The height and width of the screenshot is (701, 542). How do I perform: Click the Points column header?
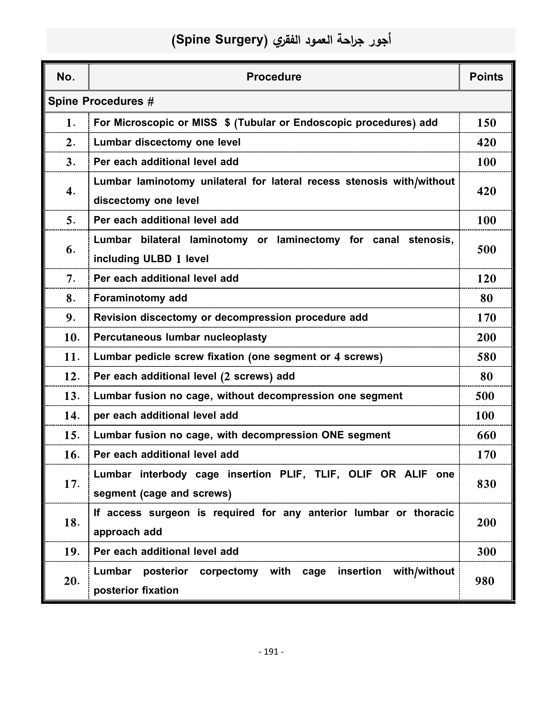tap(486, 77)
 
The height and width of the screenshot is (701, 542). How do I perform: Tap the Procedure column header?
tap(274, 77)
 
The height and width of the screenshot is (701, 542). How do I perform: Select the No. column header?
tap(66, 77)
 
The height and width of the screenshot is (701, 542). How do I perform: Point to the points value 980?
tap(485, 581)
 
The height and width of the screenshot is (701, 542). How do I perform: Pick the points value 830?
tap(486, 484)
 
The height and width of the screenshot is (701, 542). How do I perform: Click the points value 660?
tap(486, 435)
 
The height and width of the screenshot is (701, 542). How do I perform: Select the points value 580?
tap(486, 357)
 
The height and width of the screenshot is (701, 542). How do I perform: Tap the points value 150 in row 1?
tap(486, 123)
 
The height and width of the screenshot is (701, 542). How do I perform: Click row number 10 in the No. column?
tap(72, 337)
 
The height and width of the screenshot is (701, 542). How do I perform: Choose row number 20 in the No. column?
tap(72, 581)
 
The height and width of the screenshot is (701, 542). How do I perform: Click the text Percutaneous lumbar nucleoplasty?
tap(180, 337)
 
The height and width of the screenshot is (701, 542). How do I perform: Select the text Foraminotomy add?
tap(140, 298)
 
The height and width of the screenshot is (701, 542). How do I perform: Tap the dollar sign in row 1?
tap(227, 123)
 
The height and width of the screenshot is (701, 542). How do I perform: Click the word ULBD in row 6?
tap(157, 259)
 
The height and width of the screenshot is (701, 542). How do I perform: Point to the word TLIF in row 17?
tap(327, 474)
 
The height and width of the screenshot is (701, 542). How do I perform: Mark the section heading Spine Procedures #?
tap(101, 101)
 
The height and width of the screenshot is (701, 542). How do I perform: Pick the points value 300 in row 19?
tap(486, 552)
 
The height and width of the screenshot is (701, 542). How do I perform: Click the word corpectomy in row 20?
tap(229, 571)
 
